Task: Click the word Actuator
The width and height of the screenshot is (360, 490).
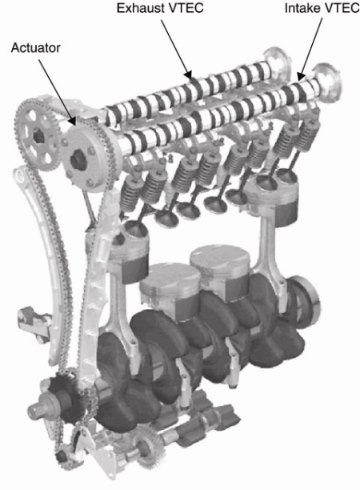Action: pyautogui.click(x=35, y=48)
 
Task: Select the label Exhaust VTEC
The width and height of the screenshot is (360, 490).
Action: pyautogui.click(x=160, y=8)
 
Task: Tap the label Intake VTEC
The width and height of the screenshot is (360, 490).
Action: pyautogui.click(x=322, y=8)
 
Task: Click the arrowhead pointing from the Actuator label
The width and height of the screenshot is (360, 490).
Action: pyautogui.click(x=71, y=121)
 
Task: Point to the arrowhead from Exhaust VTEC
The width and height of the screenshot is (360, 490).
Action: pyautogui.click(x=188, y=74)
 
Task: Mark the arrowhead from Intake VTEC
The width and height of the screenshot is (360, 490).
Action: pyautogui.click(x=301, y=76)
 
